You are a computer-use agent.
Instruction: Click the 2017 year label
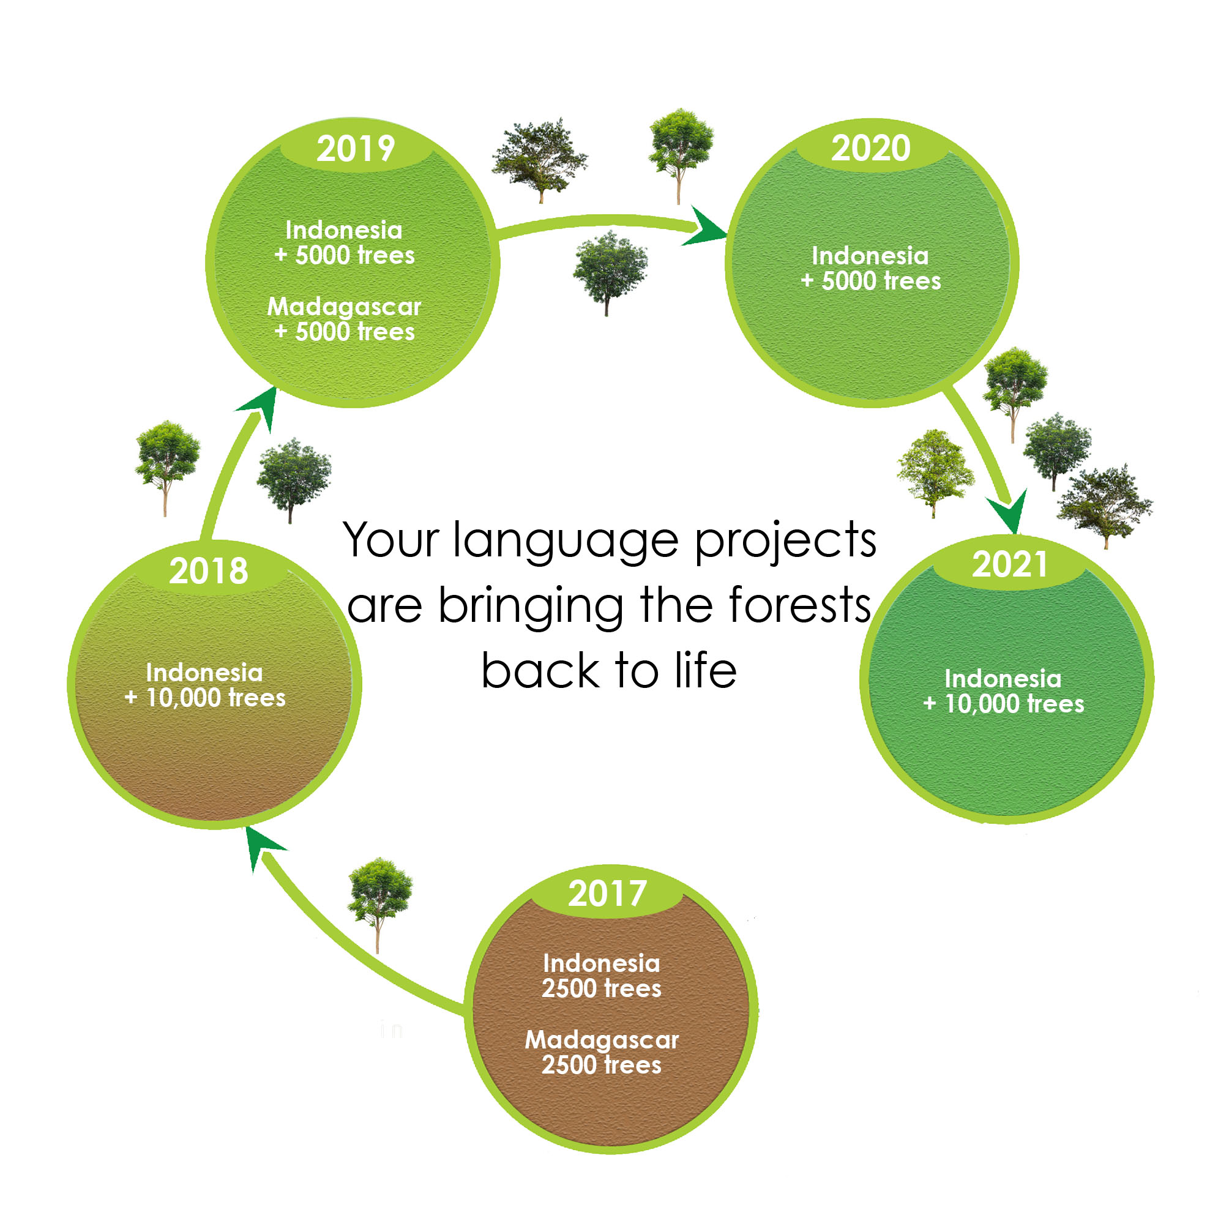607,894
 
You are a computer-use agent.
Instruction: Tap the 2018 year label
209,570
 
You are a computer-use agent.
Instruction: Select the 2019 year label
356,149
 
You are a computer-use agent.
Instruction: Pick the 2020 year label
871,148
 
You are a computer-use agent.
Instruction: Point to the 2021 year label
1009,564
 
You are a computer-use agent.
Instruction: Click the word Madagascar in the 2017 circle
602,1039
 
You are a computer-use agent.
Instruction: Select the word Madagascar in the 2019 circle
344,307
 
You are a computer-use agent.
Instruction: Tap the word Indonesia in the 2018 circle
204,673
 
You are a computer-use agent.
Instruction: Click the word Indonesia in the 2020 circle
870,256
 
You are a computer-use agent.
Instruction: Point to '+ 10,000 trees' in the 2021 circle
1004,704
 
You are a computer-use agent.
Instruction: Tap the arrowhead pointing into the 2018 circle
262,848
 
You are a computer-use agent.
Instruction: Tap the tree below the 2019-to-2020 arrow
610,273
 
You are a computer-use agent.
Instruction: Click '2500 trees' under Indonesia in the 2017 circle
602,988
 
